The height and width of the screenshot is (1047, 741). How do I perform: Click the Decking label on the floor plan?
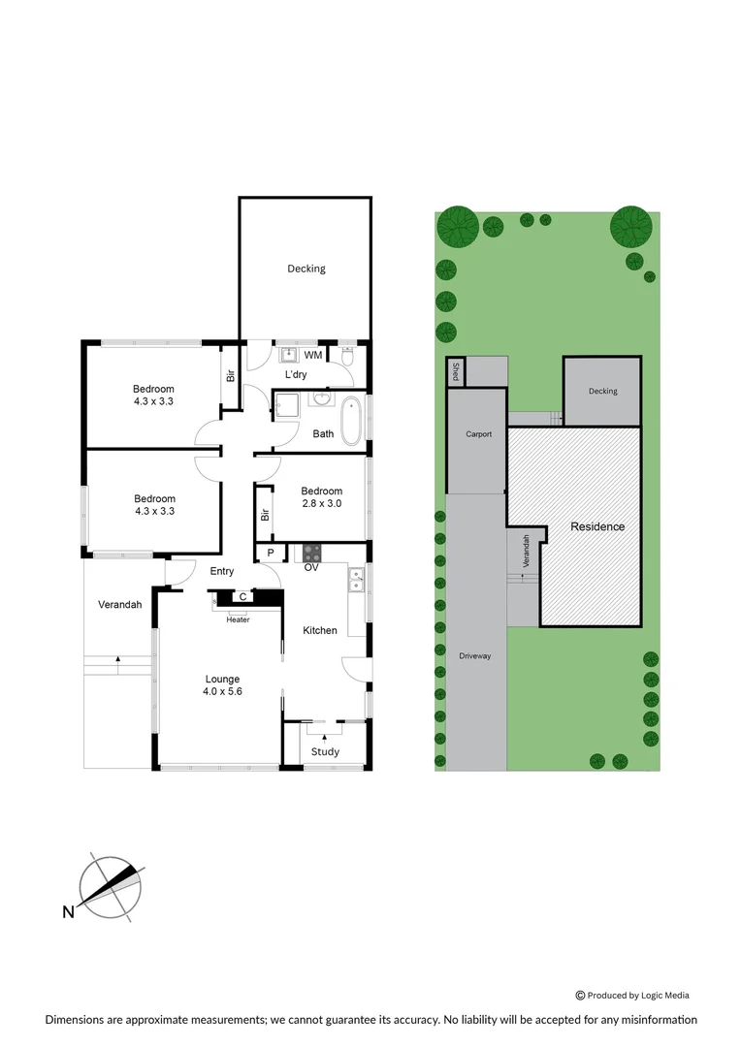click(306, 269)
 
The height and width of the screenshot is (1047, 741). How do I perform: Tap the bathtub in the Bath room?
click(350, 419)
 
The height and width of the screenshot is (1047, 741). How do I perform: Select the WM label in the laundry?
click(312, 356)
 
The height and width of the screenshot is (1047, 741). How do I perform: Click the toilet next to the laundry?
click(347, 357)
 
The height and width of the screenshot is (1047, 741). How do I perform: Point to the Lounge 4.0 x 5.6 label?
click(222, 685)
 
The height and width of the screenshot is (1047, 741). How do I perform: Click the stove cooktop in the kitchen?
click(312, 554)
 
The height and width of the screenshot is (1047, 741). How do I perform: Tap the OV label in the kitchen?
click(312, 568)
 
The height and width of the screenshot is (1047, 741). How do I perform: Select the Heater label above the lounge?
click(238, 619)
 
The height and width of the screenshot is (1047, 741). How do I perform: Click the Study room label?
click(325, 751)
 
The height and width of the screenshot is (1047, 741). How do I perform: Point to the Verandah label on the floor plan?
click(120, 605)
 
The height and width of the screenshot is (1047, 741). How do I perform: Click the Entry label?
click(222, 572)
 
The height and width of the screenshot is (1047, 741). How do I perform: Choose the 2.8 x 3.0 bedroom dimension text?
click(320, 503)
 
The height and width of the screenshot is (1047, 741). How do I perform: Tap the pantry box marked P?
click(270, 554)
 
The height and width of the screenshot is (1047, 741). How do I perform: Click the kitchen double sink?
click(356, 580)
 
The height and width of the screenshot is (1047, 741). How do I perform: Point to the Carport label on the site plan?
click(478, 434)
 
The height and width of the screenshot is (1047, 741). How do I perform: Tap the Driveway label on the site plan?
click(475, 656)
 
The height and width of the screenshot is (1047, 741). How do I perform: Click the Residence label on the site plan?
click(597, 527)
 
